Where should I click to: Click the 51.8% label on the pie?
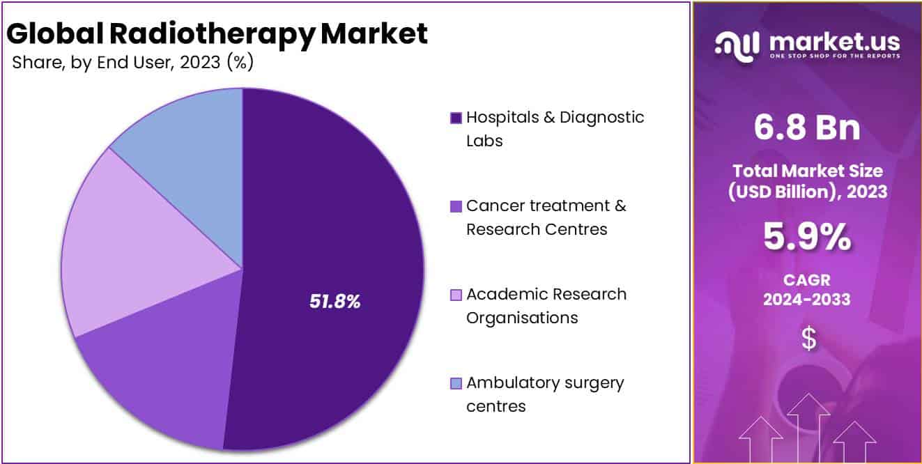335,302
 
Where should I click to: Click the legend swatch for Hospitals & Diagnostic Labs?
456,118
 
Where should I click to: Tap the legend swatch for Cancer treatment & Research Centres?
456,206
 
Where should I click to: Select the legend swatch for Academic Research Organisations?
456,295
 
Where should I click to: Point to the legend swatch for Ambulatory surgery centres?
456,383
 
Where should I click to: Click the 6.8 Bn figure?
808,128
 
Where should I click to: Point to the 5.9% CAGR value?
808,238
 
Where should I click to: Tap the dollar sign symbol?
808,339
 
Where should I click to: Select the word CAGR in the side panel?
808,279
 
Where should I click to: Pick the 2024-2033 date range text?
808,300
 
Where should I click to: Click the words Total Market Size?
808,171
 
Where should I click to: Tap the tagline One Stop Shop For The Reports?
834,56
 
